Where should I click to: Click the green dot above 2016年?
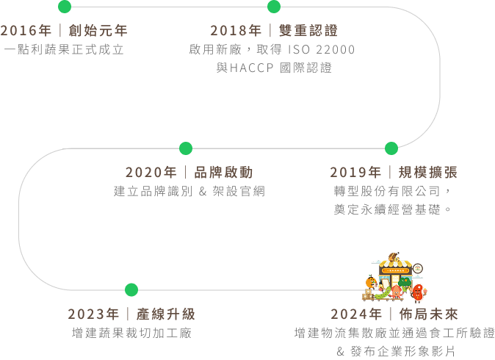point(65,7)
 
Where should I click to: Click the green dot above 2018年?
point(274,7)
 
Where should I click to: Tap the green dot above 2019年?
point(391,148)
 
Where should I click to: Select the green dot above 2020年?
point(186,148)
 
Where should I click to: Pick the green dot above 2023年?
point(131,289)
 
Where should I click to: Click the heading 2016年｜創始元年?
point(64,31)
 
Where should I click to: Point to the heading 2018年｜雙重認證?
point(274,31)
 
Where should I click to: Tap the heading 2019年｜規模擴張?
point(394,173)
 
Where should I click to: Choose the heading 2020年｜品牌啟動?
point(189,173)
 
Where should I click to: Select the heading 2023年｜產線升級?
point(131,314)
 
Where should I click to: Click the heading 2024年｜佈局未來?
point(394,314)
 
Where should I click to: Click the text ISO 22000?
point(325,50)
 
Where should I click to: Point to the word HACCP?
point(253,68)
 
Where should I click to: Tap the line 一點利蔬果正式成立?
point(64,50)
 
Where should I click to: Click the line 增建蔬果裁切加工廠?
point(131,333)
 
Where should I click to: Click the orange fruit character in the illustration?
point(371,281)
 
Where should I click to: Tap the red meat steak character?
point(419,293)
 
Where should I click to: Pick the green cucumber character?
point(383,293)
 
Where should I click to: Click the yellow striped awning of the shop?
point(394,270)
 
